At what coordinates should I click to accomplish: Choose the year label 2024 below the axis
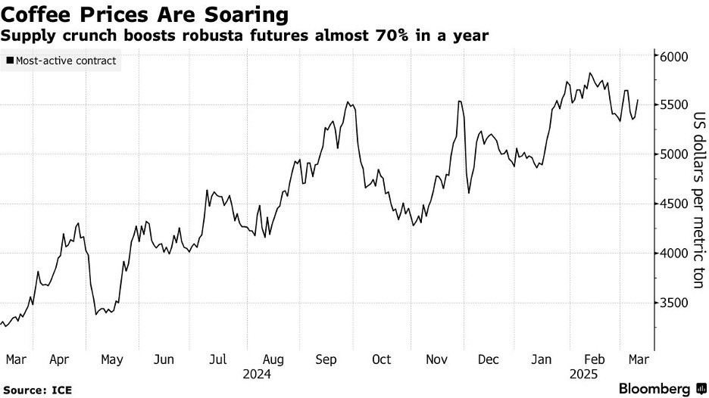[257, 374]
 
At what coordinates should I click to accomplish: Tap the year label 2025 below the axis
[583, 374]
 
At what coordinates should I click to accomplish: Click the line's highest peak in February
[589, 73]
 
